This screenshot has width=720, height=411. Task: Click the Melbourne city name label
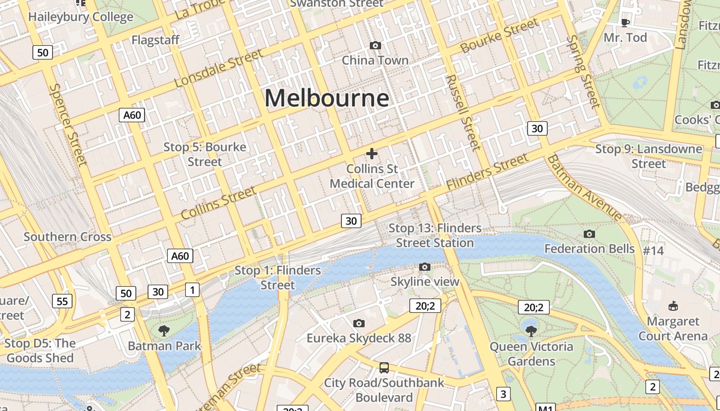327,98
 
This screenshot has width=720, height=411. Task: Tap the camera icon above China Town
375,45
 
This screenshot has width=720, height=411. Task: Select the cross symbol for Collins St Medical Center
371,154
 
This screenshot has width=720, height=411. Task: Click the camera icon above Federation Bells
589,234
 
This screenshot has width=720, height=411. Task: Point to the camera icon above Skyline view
424,267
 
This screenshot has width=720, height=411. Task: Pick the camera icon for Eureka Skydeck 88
359,323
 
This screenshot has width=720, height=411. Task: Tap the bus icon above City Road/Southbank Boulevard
384,367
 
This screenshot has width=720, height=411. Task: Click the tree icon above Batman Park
164,330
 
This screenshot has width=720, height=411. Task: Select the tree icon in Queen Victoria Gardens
531,331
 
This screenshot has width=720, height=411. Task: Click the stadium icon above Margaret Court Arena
673,306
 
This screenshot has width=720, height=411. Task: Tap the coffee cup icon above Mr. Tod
625,23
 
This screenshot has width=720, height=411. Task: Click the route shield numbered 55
62,301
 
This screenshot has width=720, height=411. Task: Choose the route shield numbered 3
503,394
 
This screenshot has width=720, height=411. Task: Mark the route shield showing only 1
192,290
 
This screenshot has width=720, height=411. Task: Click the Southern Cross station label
67,237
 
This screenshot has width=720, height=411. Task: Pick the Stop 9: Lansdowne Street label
649,156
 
